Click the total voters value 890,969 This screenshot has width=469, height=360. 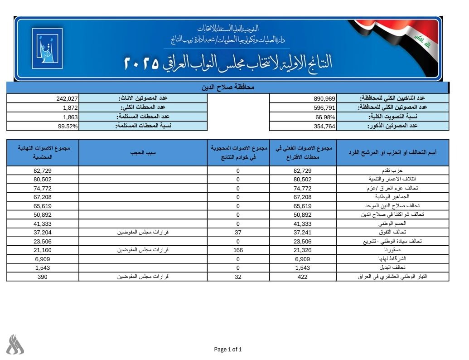[324, 98]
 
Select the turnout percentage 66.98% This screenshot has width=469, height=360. [325, 117]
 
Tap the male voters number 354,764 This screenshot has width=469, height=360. [324, 126]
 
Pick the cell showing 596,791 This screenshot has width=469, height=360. [324, 107]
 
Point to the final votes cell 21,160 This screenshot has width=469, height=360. [43, 250]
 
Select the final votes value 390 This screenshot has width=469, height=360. [43, 277]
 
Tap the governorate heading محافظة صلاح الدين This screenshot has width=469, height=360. [227, 87]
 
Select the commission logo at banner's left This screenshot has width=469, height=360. [47, 48]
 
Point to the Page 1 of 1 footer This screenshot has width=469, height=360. [228, 349]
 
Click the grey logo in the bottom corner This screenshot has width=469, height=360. [15, 345]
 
